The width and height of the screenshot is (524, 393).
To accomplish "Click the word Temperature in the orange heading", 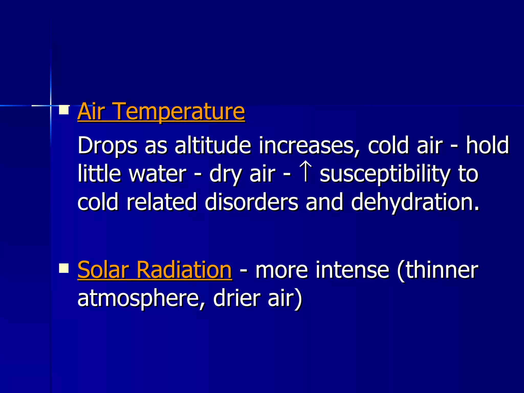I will tap(179, 112).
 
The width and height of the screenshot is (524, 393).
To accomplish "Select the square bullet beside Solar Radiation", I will tap(64, 268).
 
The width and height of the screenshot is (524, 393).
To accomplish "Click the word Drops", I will tap(107, 146).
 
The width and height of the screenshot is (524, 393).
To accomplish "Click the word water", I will tap(158, 174).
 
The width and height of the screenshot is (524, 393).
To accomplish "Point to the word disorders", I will tap(252, 202).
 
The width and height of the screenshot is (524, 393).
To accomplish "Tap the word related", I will tap(162, 202).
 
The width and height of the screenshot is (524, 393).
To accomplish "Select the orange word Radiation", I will tap(184, 270).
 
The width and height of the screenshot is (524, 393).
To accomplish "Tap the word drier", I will tap(237, 298).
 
